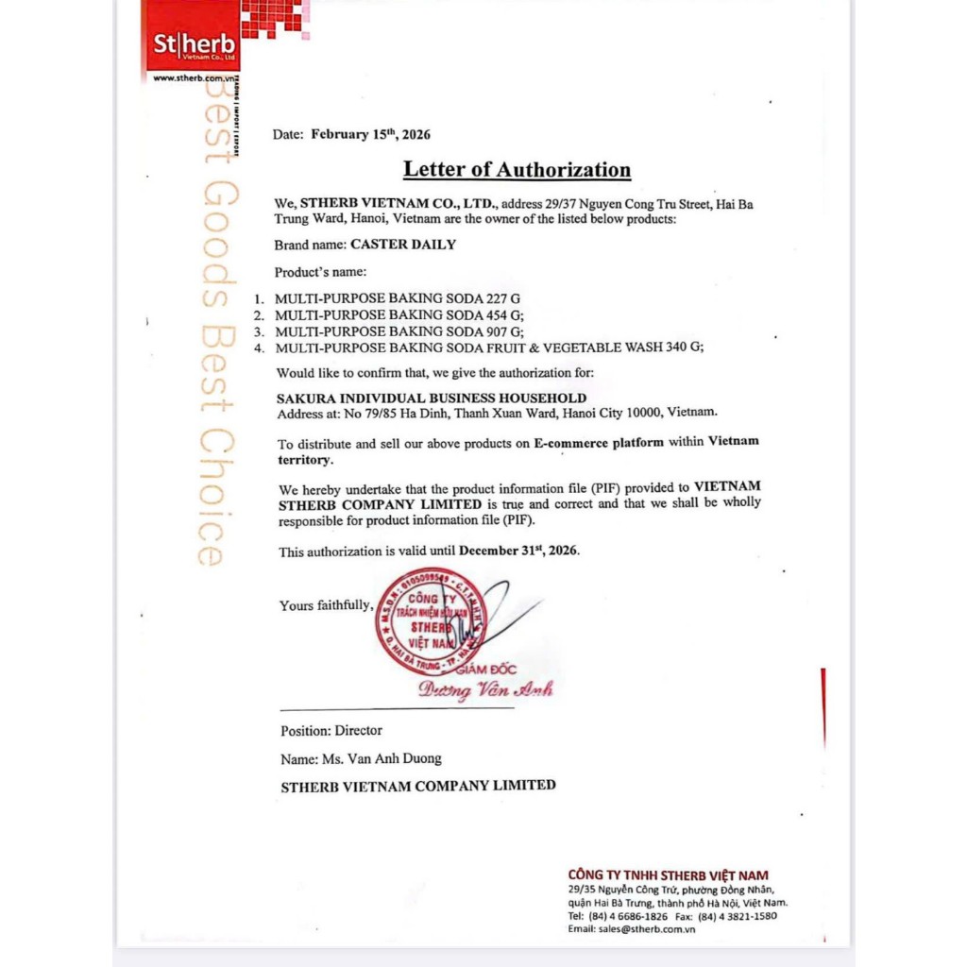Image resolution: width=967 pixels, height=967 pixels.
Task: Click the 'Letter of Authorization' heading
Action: [x=517, y=170]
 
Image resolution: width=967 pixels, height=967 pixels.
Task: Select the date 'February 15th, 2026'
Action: [x=370, y=134]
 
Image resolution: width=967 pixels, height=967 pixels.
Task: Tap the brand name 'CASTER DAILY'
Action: [x=403, y=245]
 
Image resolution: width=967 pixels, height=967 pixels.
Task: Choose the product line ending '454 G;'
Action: [x=399, y=314]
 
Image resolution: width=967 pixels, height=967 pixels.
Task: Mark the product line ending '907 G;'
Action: [x=399, y=331]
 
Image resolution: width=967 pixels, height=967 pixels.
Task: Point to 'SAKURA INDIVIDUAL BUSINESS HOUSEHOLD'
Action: [x=432, y=399]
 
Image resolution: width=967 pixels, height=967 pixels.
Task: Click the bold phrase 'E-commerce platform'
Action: [x=599, y=442]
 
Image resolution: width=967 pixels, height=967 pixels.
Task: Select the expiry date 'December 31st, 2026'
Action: [x=518, y=551]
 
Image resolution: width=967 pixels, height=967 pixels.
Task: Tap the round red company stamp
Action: [x=431, y=620]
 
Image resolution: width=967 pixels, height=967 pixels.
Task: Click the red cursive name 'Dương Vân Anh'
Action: [x=485, y=689]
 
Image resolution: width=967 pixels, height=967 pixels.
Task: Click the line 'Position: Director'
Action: [x=331, y=730]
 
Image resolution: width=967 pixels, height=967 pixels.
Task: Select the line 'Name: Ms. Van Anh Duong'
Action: [x=361, y=758]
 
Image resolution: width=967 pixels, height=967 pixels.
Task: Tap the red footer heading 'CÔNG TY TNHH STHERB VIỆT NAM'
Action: [x=668, y=874]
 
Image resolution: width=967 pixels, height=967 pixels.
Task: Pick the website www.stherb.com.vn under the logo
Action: [x=193, y=78]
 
